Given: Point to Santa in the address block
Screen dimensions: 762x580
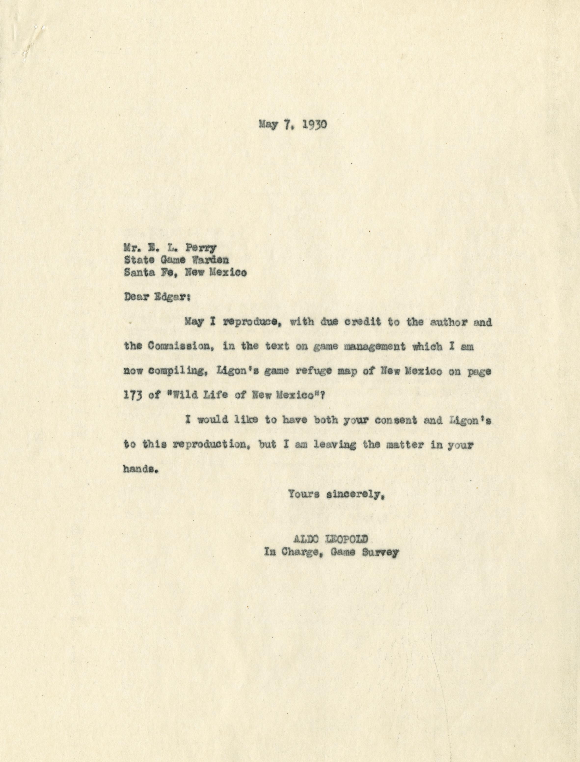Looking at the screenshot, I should pos(139,272).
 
